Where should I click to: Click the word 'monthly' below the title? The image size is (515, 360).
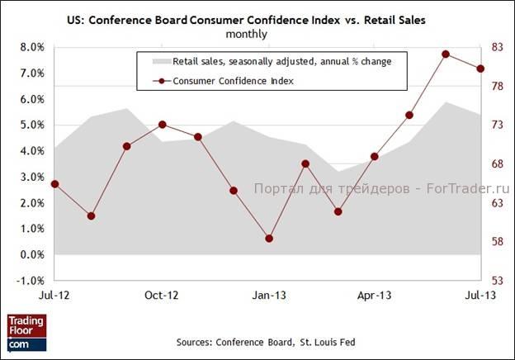(x=246, y=34)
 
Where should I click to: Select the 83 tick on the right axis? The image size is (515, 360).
(x=496, y=47)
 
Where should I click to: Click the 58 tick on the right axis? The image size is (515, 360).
(x=496, y=242)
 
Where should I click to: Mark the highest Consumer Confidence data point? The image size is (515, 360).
(x=445, y=54)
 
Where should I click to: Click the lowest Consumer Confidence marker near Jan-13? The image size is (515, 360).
(x=268, y=239)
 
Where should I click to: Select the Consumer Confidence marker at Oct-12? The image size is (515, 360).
(x=162, y=125)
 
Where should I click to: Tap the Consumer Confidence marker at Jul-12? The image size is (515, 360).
(x=55, y=184)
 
